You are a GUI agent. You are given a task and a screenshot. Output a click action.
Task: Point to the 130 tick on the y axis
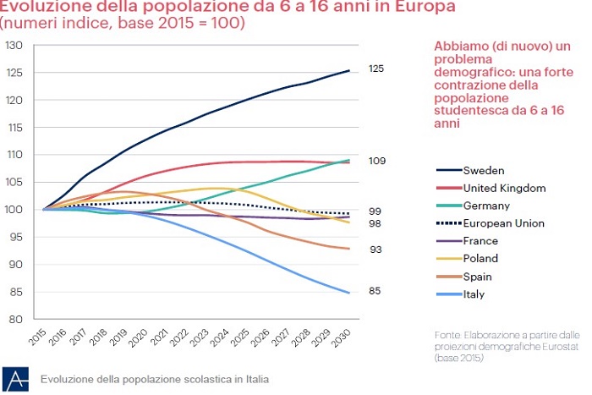15,45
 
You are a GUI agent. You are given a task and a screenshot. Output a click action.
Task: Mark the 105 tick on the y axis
15,182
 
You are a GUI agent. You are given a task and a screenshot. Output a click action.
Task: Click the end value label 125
376,68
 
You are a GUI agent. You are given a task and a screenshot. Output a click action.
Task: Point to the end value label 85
374,292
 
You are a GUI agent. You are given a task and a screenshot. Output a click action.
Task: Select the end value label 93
374,250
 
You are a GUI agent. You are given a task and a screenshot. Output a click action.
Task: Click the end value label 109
376,160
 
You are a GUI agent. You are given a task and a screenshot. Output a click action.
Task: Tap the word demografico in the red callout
472,74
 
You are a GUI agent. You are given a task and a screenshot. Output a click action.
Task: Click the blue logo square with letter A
14,378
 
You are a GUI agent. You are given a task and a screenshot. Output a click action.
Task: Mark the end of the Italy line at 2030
348,293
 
